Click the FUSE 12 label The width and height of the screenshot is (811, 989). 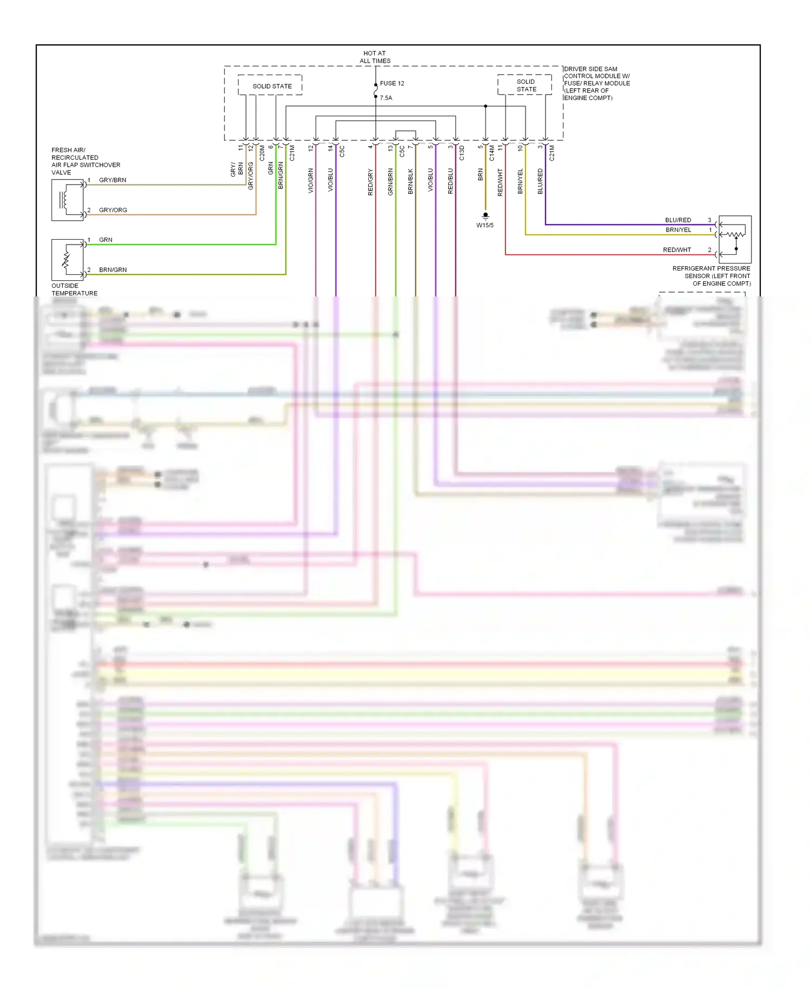392,83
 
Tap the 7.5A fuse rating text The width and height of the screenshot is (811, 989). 386,98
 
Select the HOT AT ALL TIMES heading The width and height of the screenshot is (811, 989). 375,57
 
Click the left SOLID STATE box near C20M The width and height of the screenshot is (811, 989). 270,85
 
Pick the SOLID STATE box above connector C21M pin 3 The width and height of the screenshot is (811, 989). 525,85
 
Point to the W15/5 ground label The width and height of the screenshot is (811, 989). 484,226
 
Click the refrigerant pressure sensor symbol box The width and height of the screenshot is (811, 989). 735,239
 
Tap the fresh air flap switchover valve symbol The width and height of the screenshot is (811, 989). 68,200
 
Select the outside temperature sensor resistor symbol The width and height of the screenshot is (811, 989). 68,260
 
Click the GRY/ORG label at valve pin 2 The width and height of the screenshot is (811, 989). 113,210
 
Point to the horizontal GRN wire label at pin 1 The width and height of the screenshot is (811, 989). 105,240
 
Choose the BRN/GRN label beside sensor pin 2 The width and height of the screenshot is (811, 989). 113,269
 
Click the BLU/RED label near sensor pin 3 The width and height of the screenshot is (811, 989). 678,220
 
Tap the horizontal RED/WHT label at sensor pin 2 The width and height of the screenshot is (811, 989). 677,250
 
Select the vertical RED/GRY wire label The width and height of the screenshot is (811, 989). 370,182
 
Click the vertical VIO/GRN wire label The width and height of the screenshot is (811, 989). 310,181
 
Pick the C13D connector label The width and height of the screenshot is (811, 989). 462,153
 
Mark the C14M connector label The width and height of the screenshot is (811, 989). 492,153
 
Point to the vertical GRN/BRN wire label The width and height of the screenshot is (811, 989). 390,182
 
